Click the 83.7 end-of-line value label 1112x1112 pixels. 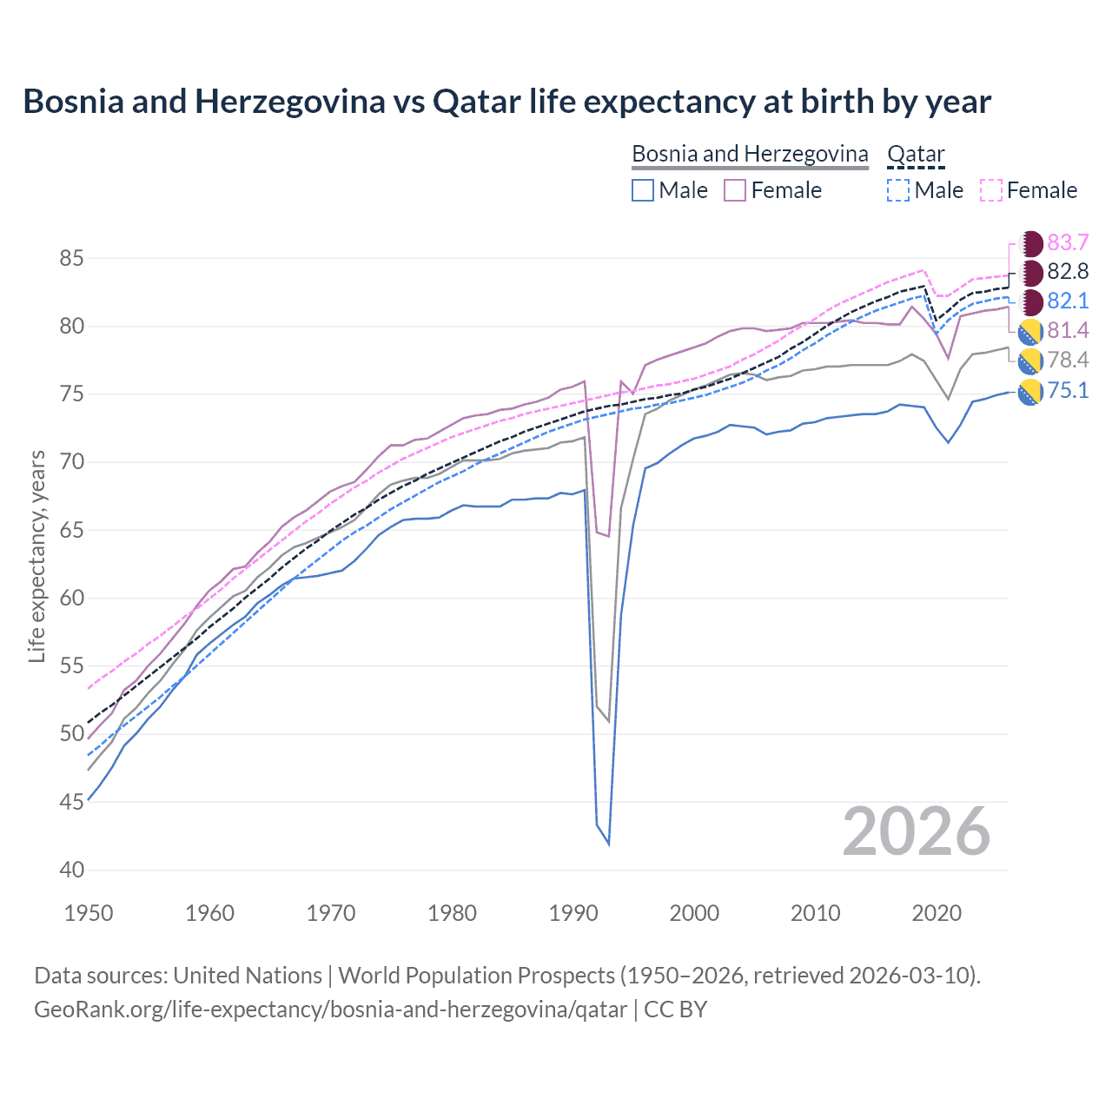pos(1067,242)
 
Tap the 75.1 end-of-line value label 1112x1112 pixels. pos(1067,391)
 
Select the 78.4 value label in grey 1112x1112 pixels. pos(1067,361)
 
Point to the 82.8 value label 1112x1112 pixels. pos(1067,272)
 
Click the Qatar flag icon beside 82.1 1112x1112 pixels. pos(1030,302)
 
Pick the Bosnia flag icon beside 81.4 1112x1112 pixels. pos(1030,331)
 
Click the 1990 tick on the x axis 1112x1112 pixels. pos(573,913)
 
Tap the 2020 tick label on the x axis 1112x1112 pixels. pos(937,913)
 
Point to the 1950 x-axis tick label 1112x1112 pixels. pos(89,913)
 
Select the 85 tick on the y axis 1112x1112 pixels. pos(71,258)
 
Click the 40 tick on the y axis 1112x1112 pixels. pos(71,870)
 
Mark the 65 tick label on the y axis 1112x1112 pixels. pos(71,530)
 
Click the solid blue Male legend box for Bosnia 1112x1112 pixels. pos(643,190)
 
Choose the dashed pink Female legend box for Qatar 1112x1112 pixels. pos(991,190)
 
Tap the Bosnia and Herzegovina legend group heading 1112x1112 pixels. pos(750,154)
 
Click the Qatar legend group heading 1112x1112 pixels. pos(916,154)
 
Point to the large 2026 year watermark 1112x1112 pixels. pos(917,831)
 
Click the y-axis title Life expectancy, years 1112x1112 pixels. pos(36,556)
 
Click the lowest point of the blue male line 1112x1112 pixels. pos(608,844)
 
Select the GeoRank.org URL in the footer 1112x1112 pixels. pos(330,1009)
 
